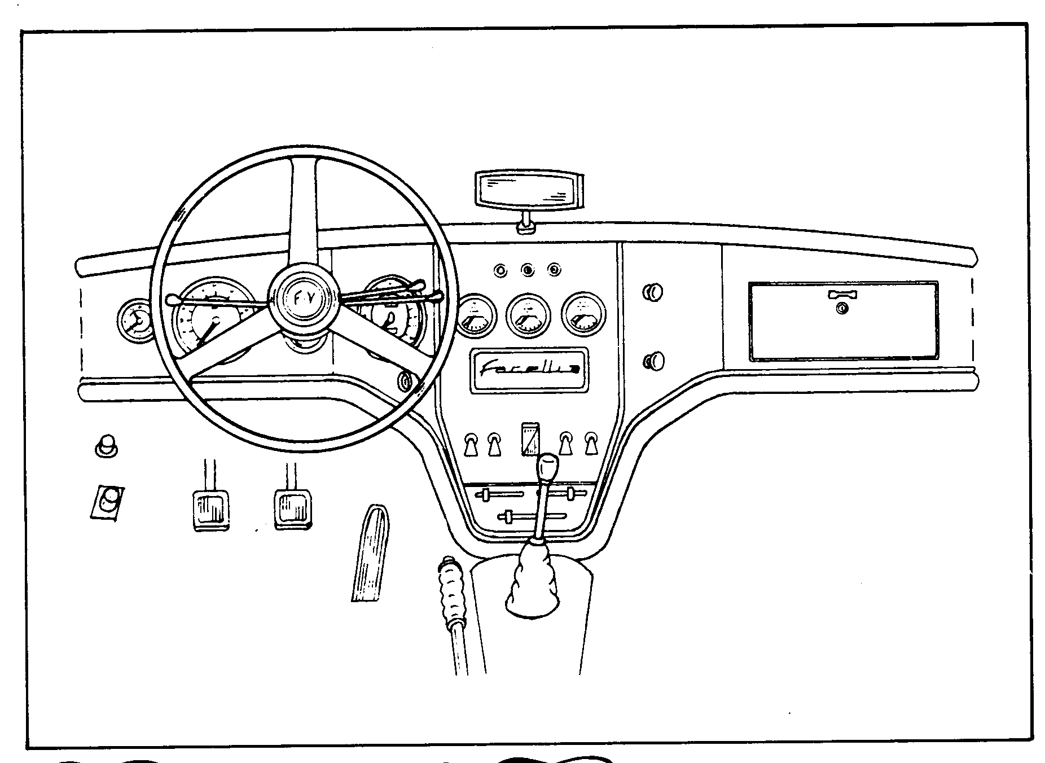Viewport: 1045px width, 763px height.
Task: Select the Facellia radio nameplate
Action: [529, 370]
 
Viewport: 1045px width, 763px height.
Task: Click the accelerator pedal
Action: [371, 553]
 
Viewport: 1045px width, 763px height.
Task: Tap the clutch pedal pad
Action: [210, 509]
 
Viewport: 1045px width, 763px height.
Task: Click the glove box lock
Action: [842, 308]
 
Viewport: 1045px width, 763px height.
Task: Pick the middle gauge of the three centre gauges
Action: [528, 316]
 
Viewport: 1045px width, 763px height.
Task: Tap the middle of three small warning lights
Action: [528, 270]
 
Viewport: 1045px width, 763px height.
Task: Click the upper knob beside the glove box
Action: [653, 292]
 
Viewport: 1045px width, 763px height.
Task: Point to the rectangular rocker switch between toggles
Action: [530, 438]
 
